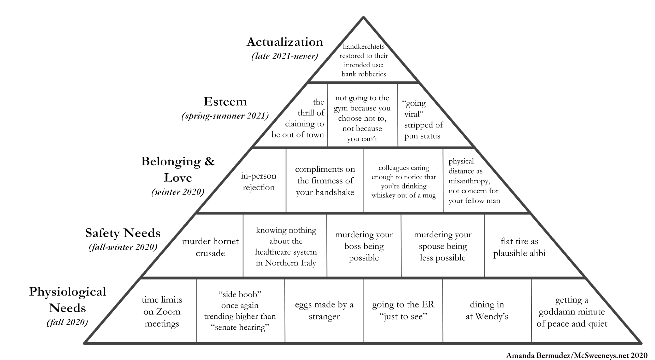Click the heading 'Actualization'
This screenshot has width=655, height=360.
(x=285, y=42)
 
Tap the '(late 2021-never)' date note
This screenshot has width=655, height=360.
(x=285, y=56)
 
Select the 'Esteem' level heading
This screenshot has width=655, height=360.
(x=225, y=102)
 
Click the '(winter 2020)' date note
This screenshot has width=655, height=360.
(x=178, y=192)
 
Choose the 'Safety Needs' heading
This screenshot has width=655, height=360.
(x=123, y=233)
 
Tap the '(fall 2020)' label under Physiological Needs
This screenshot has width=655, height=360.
(x=67, y=322)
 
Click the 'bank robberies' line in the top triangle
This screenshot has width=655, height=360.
(x=364, y=74)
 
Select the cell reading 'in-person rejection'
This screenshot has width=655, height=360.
(x=259, y=182)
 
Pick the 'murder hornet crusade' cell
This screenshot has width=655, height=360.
(x=210, y=247)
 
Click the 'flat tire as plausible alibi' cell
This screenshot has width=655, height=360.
(x=519, y=247)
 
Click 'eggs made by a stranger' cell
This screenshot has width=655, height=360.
(x=324, y=310)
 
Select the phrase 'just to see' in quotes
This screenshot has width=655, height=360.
(x=403, y=317)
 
